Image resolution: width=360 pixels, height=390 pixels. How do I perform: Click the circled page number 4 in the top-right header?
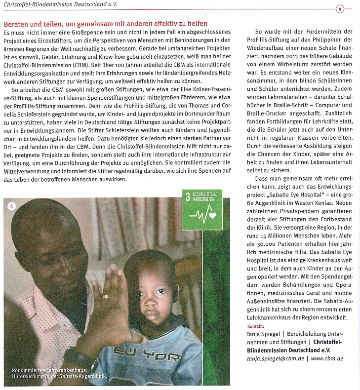[340, 9]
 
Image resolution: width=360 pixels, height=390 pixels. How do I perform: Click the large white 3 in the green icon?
[188, 197]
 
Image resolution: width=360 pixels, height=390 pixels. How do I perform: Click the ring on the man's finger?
[106, 296]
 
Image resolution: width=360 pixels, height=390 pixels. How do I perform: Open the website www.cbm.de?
[328, 358]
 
